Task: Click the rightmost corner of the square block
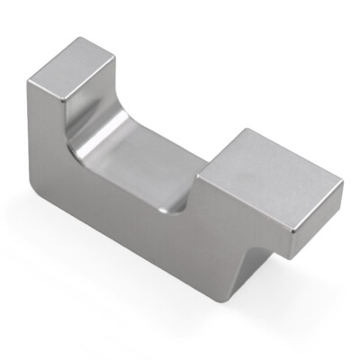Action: tap(343, 184)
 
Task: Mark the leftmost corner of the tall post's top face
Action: tap(27, 82)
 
